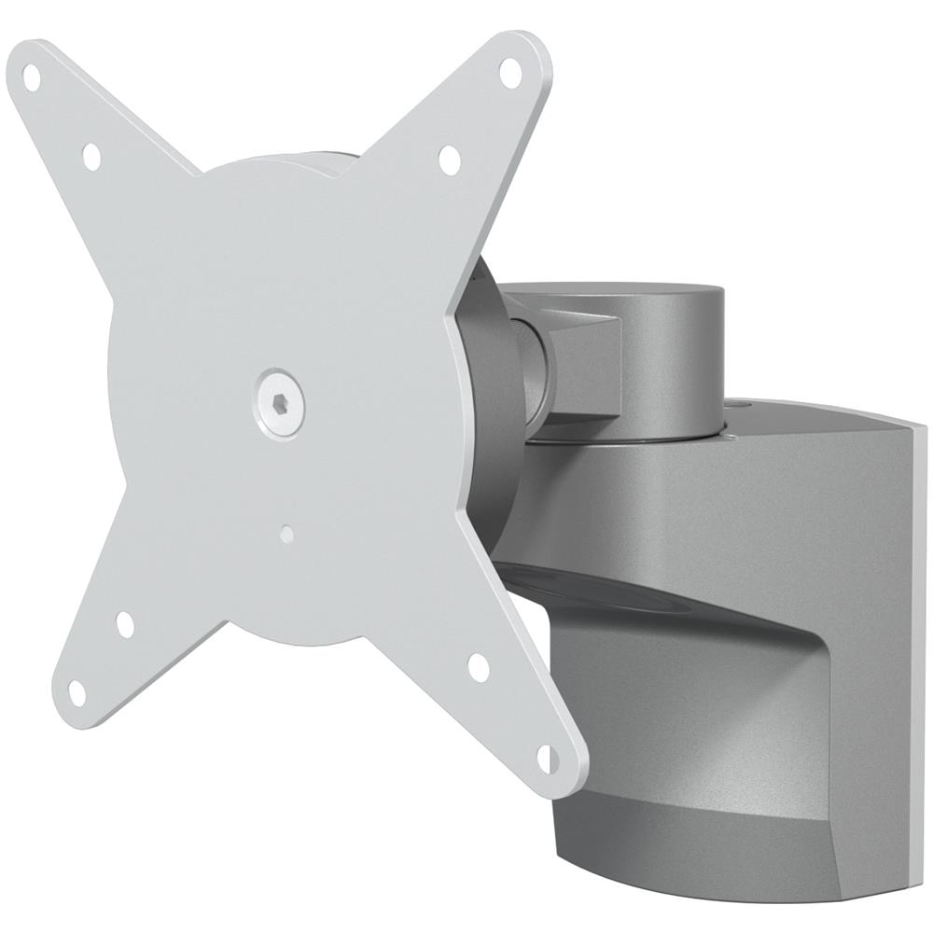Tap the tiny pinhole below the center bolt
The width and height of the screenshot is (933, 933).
288,536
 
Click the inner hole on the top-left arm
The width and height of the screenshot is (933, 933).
91,156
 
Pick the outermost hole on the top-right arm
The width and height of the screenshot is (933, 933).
509,70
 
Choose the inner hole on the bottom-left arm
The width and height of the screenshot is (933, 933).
125,624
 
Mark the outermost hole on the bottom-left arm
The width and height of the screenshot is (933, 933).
77,691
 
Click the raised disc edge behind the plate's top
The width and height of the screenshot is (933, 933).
317,166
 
